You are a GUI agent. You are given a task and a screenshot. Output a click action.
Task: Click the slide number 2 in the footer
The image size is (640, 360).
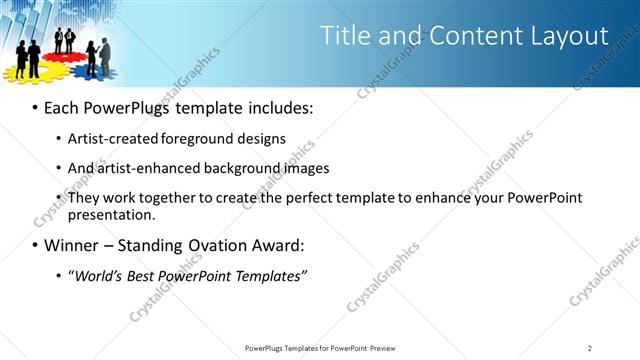click(x=590, y=348)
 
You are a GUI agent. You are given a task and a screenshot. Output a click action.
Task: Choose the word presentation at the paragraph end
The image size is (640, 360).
click(x=110, y=214)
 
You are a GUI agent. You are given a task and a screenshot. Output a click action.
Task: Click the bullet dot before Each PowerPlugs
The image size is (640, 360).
click(x=36, y=106)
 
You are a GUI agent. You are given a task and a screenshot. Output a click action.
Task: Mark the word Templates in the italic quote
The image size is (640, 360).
click(x=270, y=275)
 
